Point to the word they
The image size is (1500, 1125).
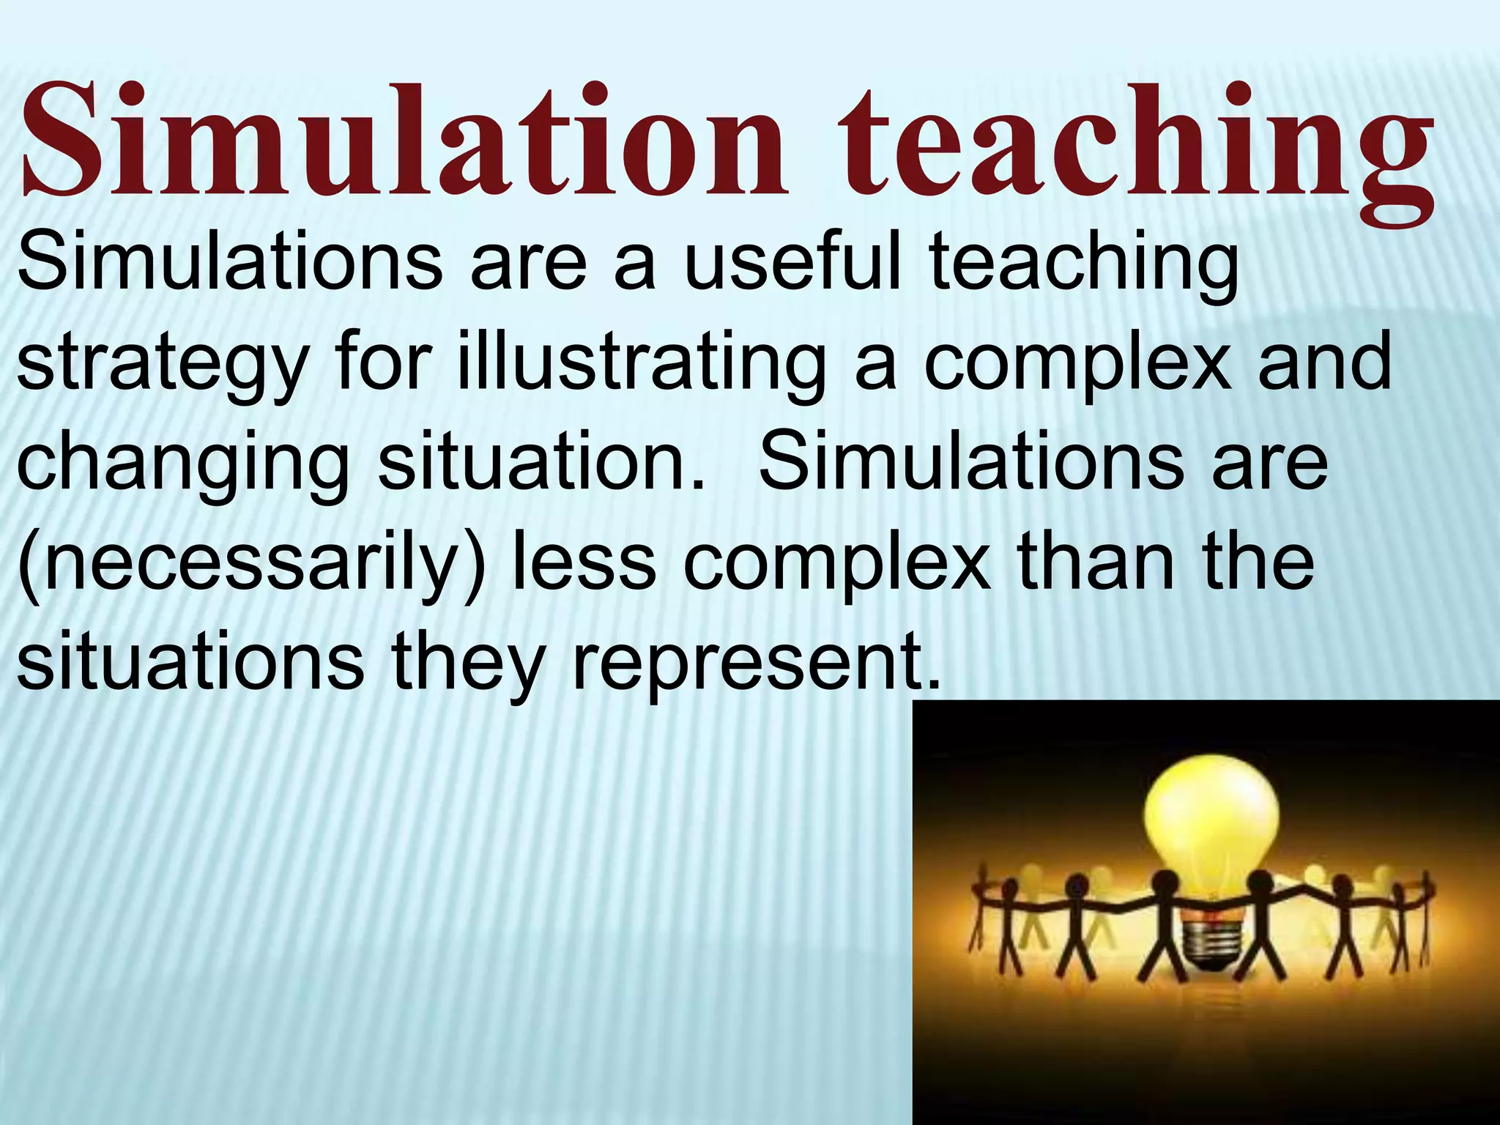[469, 663]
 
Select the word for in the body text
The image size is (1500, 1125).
[380, 362]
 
